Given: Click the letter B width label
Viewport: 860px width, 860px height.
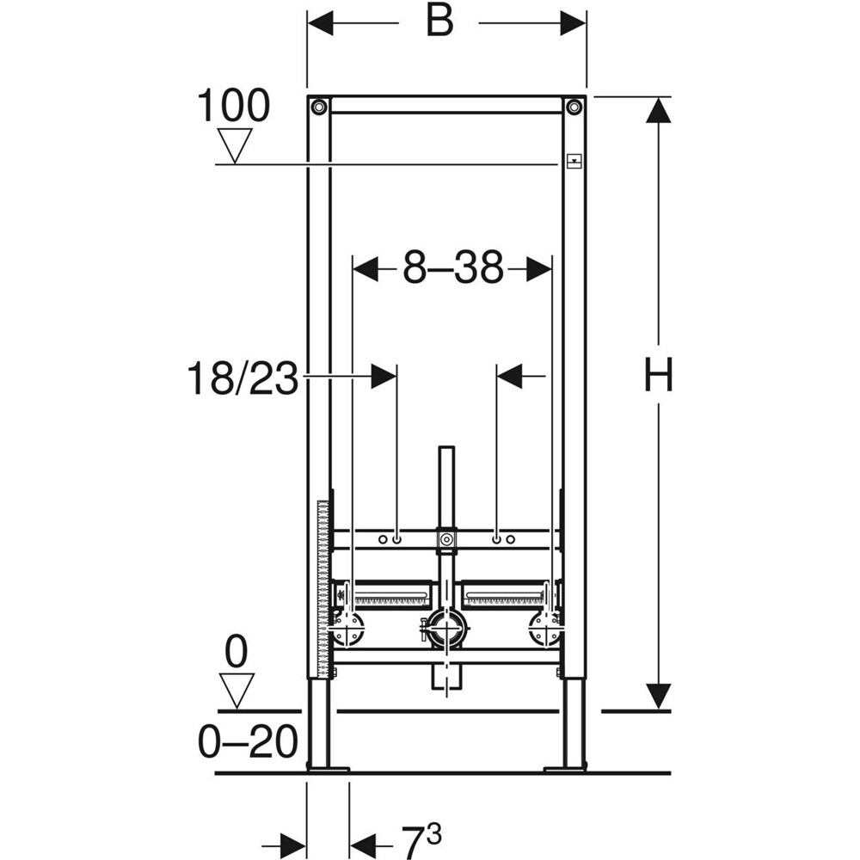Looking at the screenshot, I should tap(439, 23).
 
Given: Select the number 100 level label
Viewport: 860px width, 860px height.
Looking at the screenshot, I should tap(233, 107).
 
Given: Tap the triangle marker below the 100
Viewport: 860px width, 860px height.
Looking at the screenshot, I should tap(234, 144).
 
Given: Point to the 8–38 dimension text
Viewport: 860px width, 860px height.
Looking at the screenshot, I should tap(453, 269).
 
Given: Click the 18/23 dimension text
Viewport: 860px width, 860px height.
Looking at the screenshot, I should tap(242, 378).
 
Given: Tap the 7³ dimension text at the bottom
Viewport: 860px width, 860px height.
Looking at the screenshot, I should tap(421, 836).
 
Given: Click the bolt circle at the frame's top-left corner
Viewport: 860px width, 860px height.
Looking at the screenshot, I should tap(319, 107).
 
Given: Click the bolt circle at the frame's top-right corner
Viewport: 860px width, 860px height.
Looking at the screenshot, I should tap(574, 107).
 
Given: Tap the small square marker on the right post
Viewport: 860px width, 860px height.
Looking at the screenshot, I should tap(574, 160).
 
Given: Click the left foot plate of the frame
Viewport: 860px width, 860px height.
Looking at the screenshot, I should tap(328, 768).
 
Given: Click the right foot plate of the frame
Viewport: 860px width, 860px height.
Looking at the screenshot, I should tap(565, 768).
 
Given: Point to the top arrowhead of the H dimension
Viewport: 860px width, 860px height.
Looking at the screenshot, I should tap(658, 112).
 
